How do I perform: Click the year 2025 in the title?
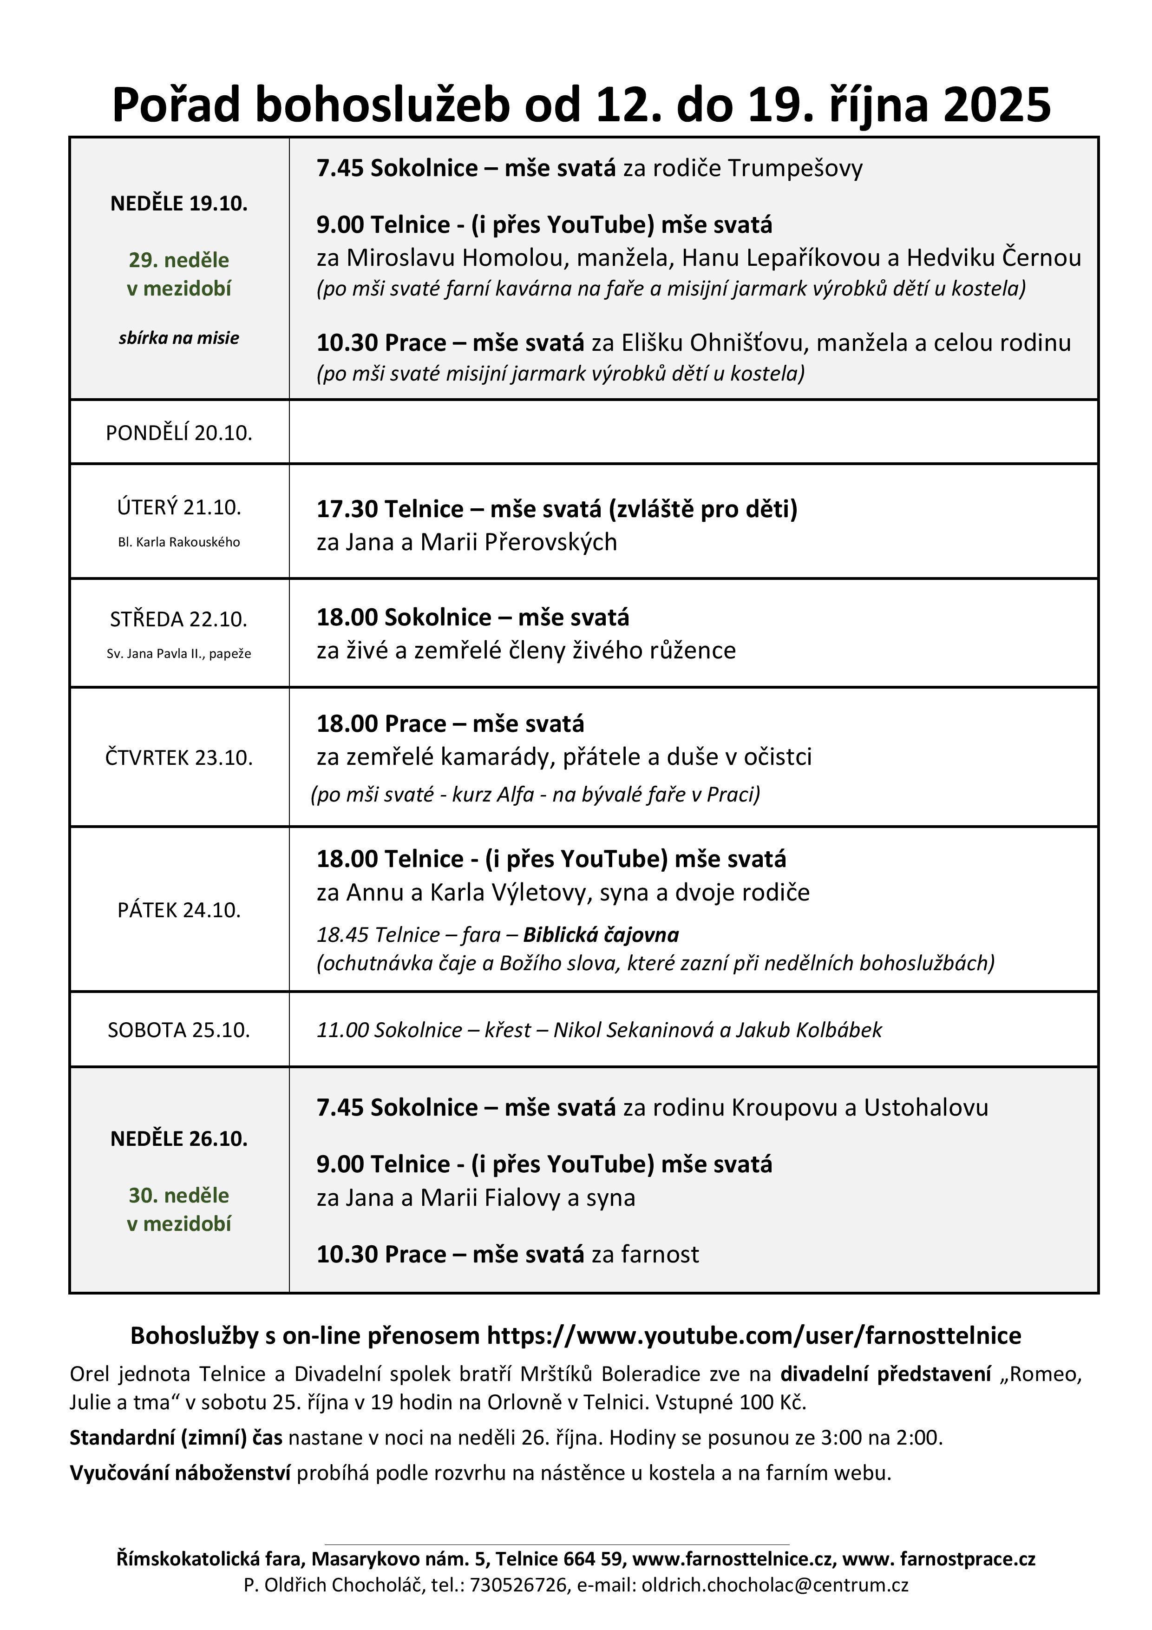click(996, 105)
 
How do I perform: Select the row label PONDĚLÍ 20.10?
click(179, 433)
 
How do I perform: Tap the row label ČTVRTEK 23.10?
click(179, 757)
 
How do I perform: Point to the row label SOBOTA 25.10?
click(179, 1030)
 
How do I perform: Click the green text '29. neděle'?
click(179, 260)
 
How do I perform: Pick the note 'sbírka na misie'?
click(179, 338)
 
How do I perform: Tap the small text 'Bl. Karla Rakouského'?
click(179, 542)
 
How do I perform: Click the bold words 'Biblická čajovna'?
click(601, 935)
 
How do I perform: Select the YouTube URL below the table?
click(754, 1335)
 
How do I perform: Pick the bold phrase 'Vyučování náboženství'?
click(180, 1473)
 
